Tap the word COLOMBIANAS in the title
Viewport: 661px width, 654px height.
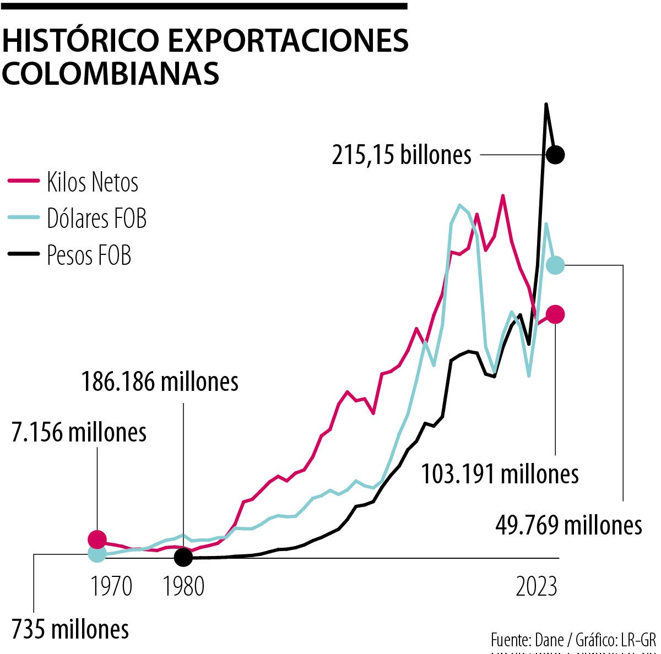[111, 73]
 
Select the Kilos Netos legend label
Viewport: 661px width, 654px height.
[93, 182]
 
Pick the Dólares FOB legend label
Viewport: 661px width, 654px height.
[97, 219]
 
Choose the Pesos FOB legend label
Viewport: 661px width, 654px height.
[89, 255]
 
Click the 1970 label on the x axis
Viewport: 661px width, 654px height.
[111, 587]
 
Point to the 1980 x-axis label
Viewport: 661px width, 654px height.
[183, 587]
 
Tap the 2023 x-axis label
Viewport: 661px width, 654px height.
[536, 587]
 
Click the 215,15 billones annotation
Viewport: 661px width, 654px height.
[402, 155]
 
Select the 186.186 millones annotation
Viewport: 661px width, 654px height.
[160, 381]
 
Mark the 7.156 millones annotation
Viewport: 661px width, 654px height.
[79, 433]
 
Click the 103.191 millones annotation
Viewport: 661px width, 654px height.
[500, 474]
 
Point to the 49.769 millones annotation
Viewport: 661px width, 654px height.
[568, 525]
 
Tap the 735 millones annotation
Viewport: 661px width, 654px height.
[70, 629]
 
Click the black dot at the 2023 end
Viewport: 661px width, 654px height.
[555, 155]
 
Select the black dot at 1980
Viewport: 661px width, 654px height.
[183, 557]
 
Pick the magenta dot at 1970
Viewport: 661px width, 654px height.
[97, 539]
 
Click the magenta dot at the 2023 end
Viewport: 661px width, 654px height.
[555, 314]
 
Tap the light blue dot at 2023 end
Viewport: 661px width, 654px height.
[555, 265]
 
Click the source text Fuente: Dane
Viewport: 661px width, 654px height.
[527, 640]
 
